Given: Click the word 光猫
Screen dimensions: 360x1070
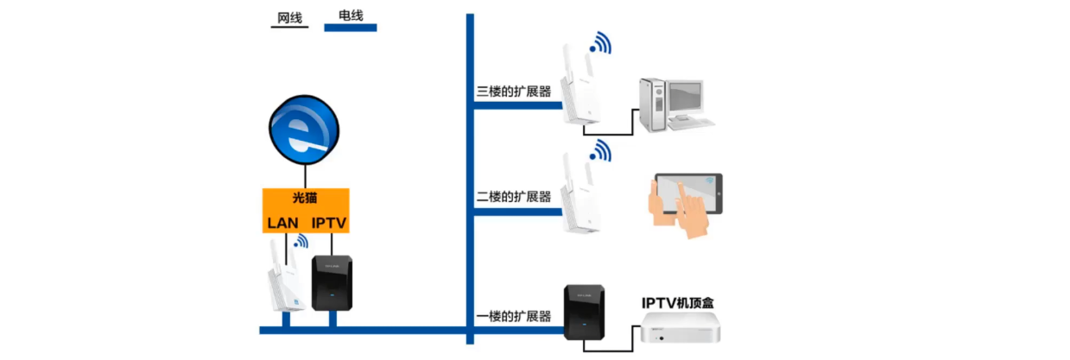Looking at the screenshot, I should click(x=306, y=199).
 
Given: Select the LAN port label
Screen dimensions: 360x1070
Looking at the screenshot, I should click(x=282, y=223).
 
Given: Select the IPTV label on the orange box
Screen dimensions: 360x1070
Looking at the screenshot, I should click(x=328, y=223).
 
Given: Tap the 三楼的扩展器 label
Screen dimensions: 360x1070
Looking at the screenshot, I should click(x=514, y=91).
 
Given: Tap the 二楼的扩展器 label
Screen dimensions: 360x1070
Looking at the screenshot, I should click(x=514, y=197).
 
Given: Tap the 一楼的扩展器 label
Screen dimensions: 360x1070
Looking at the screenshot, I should click(x=514, y=317).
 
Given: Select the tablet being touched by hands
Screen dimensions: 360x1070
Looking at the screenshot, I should click(x=687, y=198).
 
